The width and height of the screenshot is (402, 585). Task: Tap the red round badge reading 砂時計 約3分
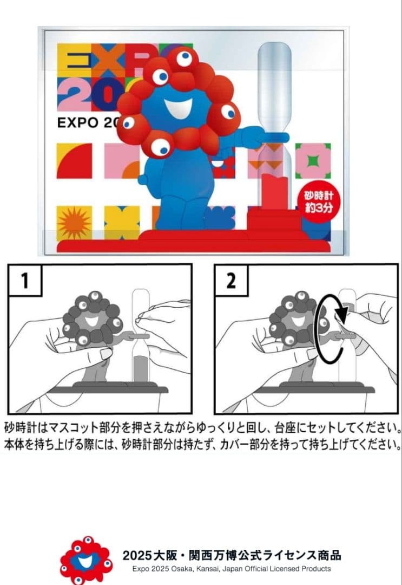315,201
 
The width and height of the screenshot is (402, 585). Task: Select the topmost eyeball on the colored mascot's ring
184,58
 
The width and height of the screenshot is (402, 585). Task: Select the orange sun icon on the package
74,223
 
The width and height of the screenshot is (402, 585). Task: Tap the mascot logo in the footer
85,561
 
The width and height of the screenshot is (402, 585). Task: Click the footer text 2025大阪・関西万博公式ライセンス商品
232,556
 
